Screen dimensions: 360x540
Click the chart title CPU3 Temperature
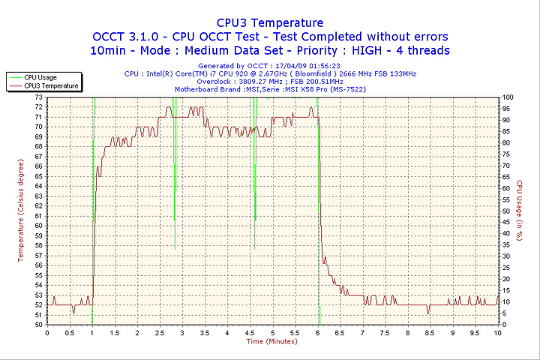[269, 23]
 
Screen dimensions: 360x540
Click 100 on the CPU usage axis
[508, 97]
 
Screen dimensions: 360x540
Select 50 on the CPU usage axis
[507, 211]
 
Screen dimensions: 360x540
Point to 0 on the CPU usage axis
[505, 325]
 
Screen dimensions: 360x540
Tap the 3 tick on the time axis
[182, 332]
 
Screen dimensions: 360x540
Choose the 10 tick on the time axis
[498, 332]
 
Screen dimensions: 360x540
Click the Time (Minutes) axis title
[271, 341]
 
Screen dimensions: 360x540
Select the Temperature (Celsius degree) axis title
[21, 211]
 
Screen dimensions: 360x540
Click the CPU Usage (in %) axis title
[520, 211]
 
